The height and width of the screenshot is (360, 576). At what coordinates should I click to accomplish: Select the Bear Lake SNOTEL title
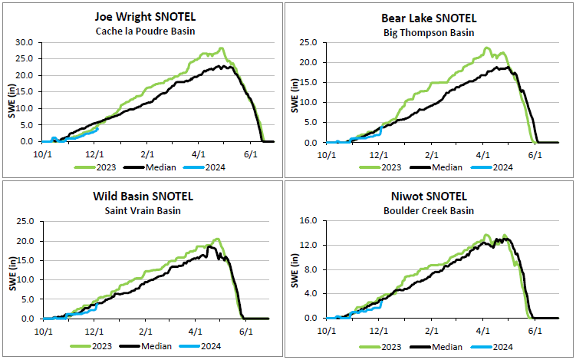click(429, 18)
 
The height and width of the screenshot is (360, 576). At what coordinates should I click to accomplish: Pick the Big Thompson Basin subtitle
click(429, 32)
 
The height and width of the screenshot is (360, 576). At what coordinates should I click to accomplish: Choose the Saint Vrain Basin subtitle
click(144, 210)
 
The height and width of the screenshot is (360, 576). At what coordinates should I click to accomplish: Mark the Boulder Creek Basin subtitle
click(429, 210)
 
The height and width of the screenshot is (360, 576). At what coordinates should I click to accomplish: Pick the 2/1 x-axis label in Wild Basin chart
click(146, 331)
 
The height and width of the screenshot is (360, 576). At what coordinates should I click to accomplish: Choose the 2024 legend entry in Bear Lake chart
click(500, 167)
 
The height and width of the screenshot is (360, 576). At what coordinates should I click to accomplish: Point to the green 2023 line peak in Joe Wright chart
click(221, 48)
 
